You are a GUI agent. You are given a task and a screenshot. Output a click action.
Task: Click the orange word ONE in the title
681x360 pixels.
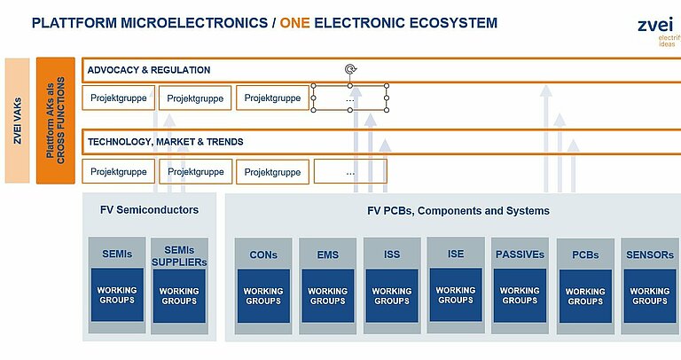tap(295, 22)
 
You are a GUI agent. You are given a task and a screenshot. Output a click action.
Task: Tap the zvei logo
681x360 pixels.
tap(659, 30)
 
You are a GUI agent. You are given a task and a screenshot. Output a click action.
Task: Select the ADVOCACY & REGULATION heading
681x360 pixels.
tap(149, 70)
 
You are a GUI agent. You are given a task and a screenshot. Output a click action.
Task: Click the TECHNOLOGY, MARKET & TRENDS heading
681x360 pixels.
tap(166, 142)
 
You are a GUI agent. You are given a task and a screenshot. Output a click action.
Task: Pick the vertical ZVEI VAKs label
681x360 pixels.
tap(18, 121)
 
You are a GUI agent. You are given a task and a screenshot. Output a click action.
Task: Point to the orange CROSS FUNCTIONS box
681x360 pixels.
tap(56, 121)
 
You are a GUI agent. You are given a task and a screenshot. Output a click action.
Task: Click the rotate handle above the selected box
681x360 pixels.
tap(350, 68)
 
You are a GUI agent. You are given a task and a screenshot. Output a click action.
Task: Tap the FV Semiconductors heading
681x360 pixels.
tap(149, 210)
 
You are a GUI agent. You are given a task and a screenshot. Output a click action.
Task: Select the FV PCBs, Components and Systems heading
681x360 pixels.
tap(458, 211)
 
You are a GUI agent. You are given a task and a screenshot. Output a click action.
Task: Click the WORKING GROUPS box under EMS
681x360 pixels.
tap(328, 296)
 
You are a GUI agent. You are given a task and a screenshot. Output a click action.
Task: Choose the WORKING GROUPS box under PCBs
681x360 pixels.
tap(585, 296)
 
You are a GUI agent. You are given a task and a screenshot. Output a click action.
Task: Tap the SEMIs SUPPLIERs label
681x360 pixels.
tap(179, 256)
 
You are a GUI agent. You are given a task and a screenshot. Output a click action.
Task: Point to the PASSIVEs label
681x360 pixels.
tap(520, 254)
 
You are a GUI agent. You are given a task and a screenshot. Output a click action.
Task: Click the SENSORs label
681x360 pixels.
tap(650, 254)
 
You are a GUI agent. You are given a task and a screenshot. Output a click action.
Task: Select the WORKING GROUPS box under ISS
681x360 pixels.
tap(392, 296)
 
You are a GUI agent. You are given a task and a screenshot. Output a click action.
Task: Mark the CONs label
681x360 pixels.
tap(263, 254)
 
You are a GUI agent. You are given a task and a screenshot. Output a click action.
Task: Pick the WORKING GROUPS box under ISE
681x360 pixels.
tap(456, 295)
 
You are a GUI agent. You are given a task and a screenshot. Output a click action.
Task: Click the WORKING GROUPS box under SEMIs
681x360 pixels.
tap(117, 295)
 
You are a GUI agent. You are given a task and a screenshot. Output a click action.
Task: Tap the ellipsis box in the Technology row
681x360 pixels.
tap(350, 171)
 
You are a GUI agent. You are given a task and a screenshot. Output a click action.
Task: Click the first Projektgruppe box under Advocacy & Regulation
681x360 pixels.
tap(119, 98)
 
